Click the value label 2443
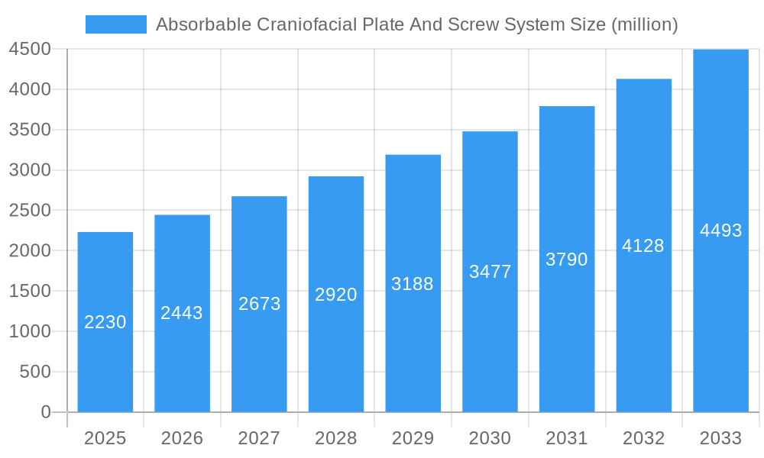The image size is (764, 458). tap(182, 313)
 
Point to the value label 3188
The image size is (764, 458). tap(413, 284)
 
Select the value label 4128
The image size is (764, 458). tap(643, 246)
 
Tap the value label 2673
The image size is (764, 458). tap(260, 304)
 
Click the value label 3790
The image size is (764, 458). tap(567, 260)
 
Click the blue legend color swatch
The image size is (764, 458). tap(115, 24)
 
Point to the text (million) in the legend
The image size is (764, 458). tap(645, 24)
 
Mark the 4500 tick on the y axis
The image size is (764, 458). tap(30, 50)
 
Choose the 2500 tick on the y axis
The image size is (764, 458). tap(30, 211)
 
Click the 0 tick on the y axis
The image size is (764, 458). tap(45, 412)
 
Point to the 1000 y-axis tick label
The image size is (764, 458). tap(30, 331)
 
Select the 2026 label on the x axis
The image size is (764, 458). tap(182, 438)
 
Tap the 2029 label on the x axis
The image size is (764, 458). tap(413, 438)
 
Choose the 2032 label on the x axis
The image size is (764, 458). tap(643, 438)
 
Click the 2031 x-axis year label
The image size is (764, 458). tap(567, 438)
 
